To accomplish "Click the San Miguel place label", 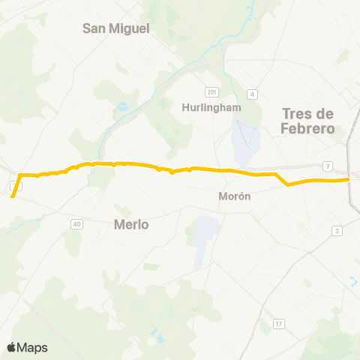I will point(116,28).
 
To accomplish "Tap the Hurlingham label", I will point(211,107).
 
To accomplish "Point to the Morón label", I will point(233,195).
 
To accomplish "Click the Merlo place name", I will point(131,223).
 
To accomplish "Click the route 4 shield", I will point(253,94).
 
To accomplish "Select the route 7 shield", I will point(328,165).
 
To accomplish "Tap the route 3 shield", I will point(337,230).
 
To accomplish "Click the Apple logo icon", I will point(11,346).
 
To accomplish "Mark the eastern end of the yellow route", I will point(349,179).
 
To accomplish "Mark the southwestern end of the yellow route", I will point(13,197).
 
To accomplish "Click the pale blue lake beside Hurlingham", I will point(243,142).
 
